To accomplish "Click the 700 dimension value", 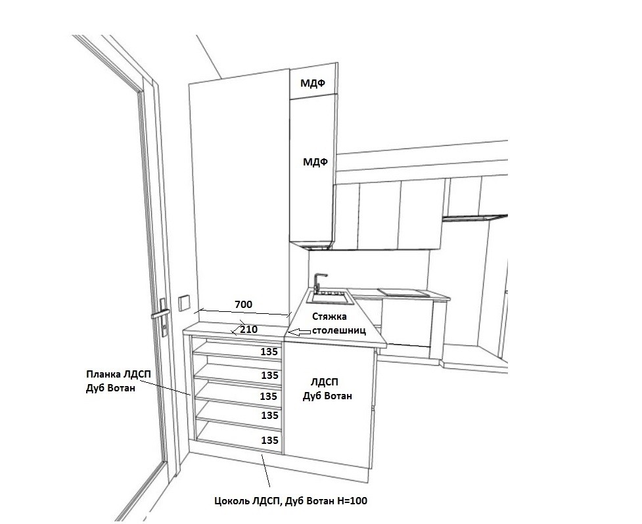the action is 243,304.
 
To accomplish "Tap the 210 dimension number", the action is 248,329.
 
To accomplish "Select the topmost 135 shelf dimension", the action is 269,352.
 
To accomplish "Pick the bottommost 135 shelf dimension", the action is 270,440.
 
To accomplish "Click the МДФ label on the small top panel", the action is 313,83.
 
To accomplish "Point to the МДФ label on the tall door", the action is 315,162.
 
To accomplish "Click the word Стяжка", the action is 329,317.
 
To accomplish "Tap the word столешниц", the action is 338,330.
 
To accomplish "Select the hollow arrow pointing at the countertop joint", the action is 298,332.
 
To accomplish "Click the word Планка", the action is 102,374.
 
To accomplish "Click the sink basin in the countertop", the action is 330,298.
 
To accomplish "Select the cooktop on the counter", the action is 403,292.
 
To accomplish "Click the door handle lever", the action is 160,315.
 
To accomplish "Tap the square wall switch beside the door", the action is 184,303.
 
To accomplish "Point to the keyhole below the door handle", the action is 164,328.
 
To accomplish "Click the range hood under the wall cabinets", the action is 475,217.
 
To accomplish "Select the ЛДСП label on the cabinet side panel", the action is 325,382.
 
